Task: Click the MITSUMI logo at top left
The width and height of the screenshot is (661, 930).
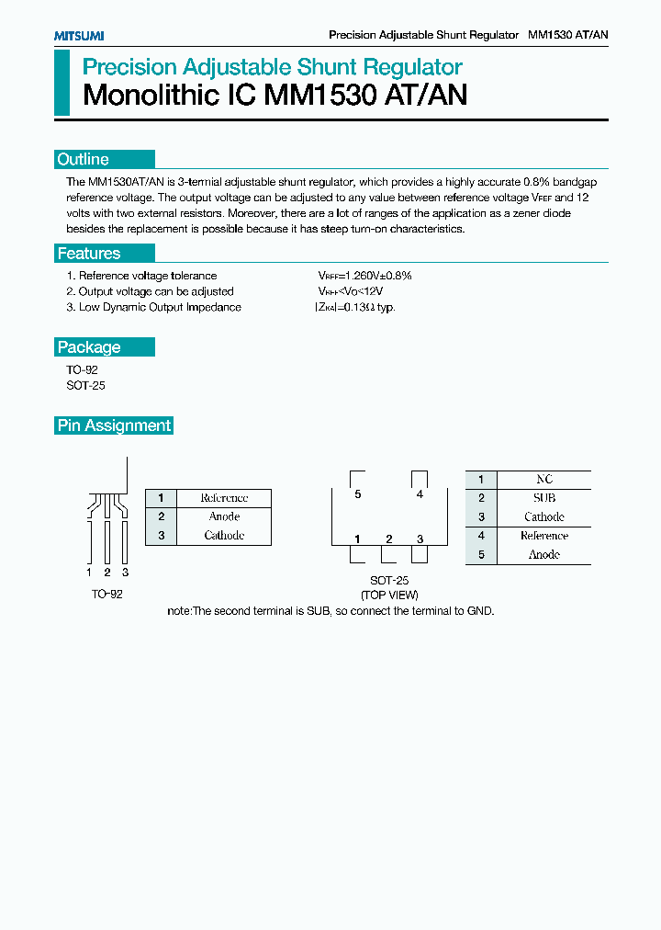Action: point(79,36)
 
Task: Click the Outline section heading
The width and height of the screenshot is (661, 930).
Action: point(84,159)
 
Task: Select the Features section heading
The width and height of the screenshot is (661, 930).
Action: point(89,254)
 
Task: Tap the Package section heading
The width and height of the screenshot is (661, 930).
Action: point(89,347)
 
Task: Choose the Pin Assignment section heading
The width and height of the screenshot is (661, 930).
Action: point(115,425)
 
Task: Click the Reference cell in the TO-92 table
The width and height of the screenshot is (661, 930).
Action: point(224,498)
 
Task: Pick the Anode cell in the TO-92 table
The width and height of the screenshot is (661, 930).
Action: point(224,516)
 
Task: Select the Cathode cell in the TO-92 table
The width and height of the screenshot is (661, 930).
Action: point(224,535)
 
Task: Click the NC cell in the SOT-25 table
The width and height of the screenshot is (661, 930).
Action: point(544,480)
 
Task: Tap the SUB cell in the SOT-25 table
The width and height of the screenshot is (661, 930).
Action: point(544,498)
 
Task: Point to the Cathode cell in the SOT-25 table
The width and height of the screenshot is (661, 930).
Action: point(544,517)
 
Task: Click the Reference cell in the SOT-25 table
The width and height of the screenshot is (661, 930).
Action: point(544,536)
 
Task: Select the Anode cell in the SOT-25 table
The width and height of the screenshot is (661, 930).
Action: point(544,555)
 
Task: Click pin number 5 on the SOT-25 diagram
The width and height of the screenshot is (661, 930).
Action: point(358,494)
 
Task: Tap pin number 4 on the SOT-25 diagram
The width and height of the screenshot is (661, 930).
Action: point(420,494)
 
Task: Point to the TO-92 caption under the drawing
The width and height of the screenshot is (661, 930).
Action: point(106,595)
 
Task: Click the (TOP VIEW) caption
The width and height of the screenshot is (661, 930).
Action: point(389,595)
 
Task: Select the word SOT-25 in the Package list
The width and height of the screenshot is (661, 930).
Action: point(85,386)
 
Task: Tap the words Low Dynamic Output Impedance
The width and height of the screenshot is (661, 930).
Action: point(160,308)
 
